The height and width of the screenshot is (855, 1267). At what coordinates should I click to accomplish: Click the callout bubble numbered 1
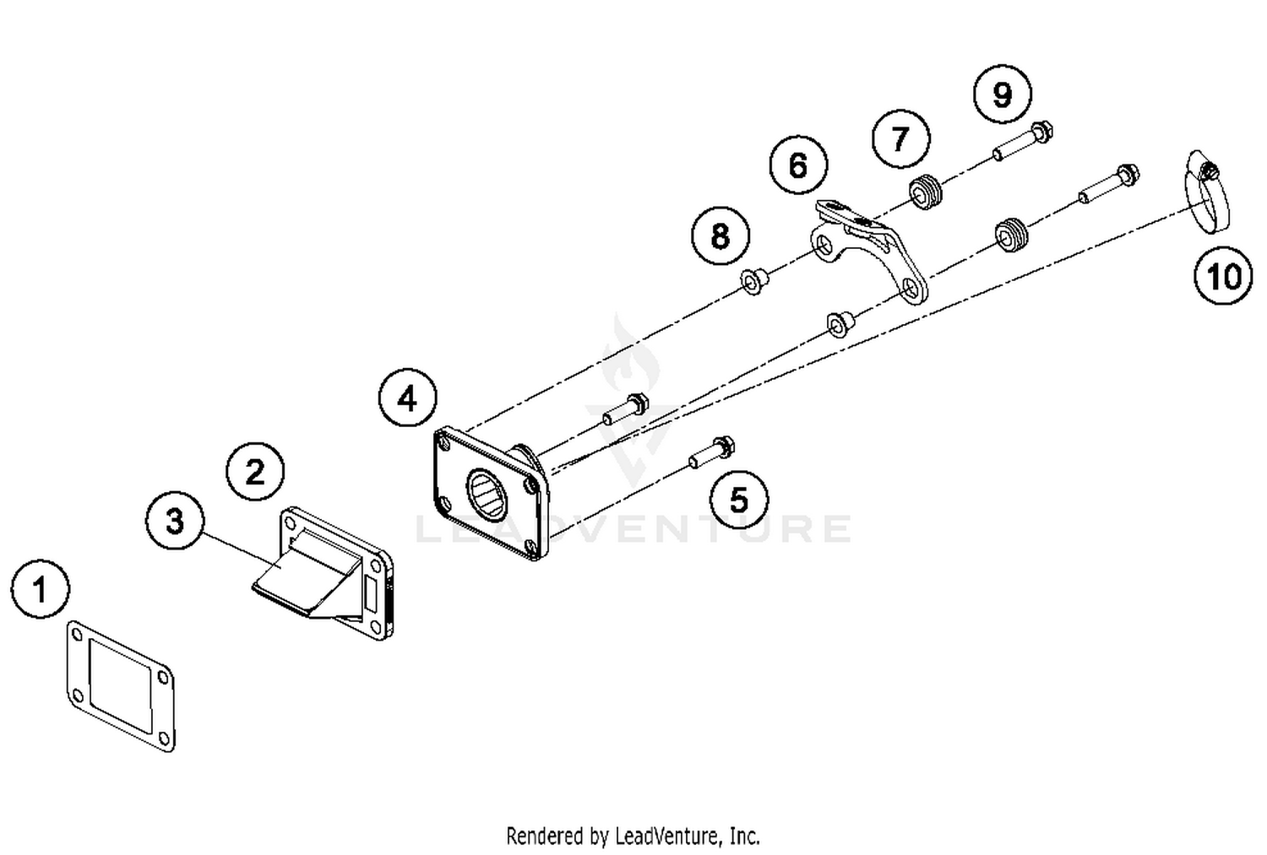[41, 590]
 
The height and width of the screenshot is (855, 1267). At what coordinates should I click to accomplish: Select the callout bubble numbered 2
[255, 471]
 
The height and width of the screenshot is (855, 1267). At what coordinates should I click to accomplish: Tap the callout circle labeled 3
[174, 521]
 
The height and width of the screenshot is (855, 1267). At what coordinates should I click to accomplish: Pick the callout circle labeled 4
[408, 398]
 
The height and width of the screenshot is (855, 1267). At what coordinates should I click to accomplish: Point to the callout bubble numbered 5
[738, 500]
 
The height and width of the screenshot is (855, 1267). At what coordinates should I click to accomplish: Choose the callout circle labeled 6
[798, 165]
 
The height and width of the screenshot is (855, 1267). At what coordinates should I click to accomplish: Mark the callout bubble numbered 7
[900, 138]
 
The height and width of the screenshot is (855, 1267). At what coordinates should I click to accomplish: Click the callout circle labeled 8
[720, 235]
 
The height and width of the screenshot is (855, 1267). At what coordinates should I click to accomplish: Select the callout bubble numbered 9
[1002, 94]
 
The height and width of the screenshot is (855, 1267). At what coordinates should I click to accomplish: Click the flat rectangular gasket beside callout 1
[121, 685]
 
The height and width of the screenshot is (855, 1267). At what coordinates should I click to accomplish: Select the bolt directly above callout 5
[712, 453]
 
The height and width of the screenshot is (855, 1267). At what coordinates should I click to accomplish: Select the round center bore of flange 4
[487, 492]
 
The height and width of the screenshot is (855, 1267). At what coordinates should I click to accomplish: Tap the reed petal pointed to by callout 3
[287, 582]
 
